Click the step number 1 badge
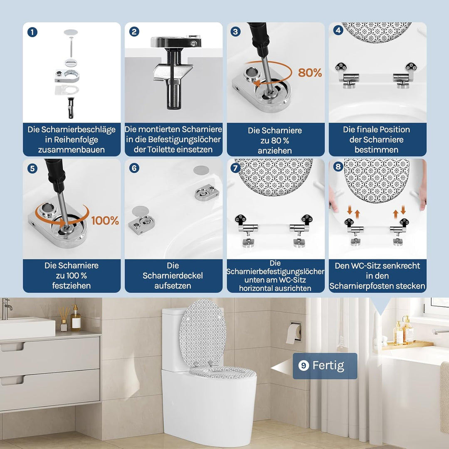32,32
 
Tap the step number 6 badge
134,168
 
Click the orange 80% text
310,73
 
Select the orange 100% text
105,220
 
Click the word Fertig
328,366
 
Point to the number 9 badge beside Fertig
304,366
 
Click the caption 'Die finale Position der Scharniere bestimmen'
377,140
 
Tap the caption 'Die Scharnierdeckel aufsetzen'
173,275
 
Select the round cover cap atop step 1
71,32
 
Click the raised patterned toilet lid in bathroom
202,333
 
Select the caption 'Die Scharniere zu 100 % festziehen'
71,275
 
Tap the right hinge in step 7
301,229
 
